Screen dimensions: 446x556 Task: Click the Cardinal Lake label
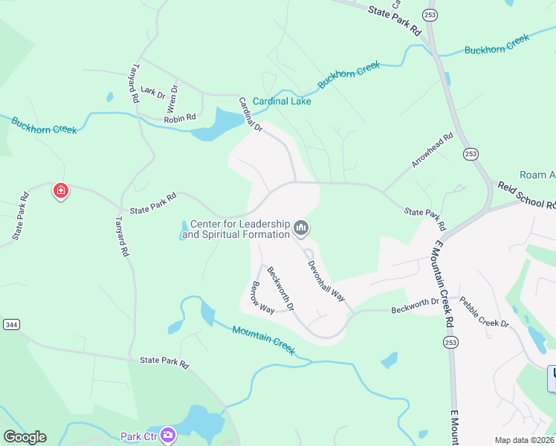(282, 101)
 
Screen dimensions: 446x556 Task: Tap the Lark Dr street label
(152, 92)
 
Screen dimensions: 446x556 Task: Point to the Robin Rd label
(180, 117)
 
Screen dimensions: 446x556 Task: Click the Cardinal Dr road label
(250, 114)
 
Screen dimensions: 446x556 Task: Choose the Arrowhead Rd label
(433, 151)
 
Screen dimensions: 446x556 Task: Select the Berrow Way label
(262, 297)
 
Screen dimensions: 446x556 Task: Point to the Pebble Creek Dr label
(483, 313)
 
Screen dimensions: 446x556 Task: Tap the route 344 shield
(11, 325)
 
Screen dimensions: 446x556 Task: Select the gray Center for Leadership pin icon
(301, 228)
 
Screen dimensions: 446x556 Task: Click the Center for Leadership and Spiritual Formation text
(236, 229)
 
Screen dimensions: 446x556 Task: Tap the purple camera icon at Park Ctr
(168, 434)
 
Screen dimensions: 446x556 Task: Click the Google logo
(25, 437)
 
